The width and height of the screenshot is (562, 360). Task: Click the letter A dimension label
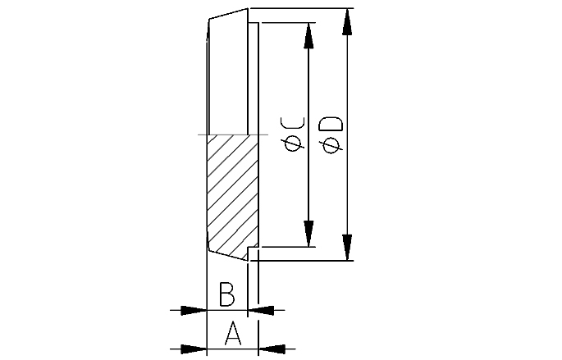[233, 333]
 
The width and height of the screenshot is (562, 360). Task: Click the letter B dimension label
[227, 294]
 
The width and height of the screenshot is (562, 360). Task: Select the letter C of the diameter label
[292, 123]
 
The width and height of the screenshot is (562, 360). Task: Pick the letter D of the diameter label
[331, 123]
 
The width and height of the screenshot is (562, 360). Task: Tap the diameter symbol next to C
[293, 144]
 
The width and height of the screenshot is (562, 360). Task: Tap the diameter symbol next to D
[331, 145]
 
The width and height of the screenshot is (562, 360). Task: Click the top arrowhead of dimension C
[308, 35]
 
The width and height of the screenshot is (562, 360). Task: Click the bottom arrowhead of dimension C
[308, 234]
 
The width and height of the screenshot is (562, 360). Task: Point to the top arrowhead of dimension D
[346, 21]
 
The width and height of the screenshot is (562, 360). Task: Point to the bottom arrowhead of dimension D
[346, 248]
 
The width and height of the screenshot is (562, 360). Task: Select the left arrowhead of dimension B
[194, 310]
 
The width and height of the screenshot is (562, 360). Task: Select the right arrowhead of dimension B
[261, 310]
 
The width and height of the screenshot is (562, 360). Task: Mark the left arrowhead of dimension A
[194, 349]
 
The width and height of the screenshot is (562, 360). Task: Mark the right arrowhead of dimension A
[272, 349]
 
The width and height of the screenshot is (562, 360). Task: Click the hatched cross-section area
[232, 195]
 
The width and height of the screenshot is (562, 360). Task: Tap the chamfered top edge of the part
[228, 14]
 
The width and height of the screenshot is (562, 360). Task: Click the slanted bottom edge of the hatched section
[228, 255]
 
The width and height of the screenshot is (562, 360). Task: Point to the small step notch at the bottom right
[253, 253]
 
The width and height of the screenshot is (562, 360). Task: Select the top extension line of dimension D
[301, 8]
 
